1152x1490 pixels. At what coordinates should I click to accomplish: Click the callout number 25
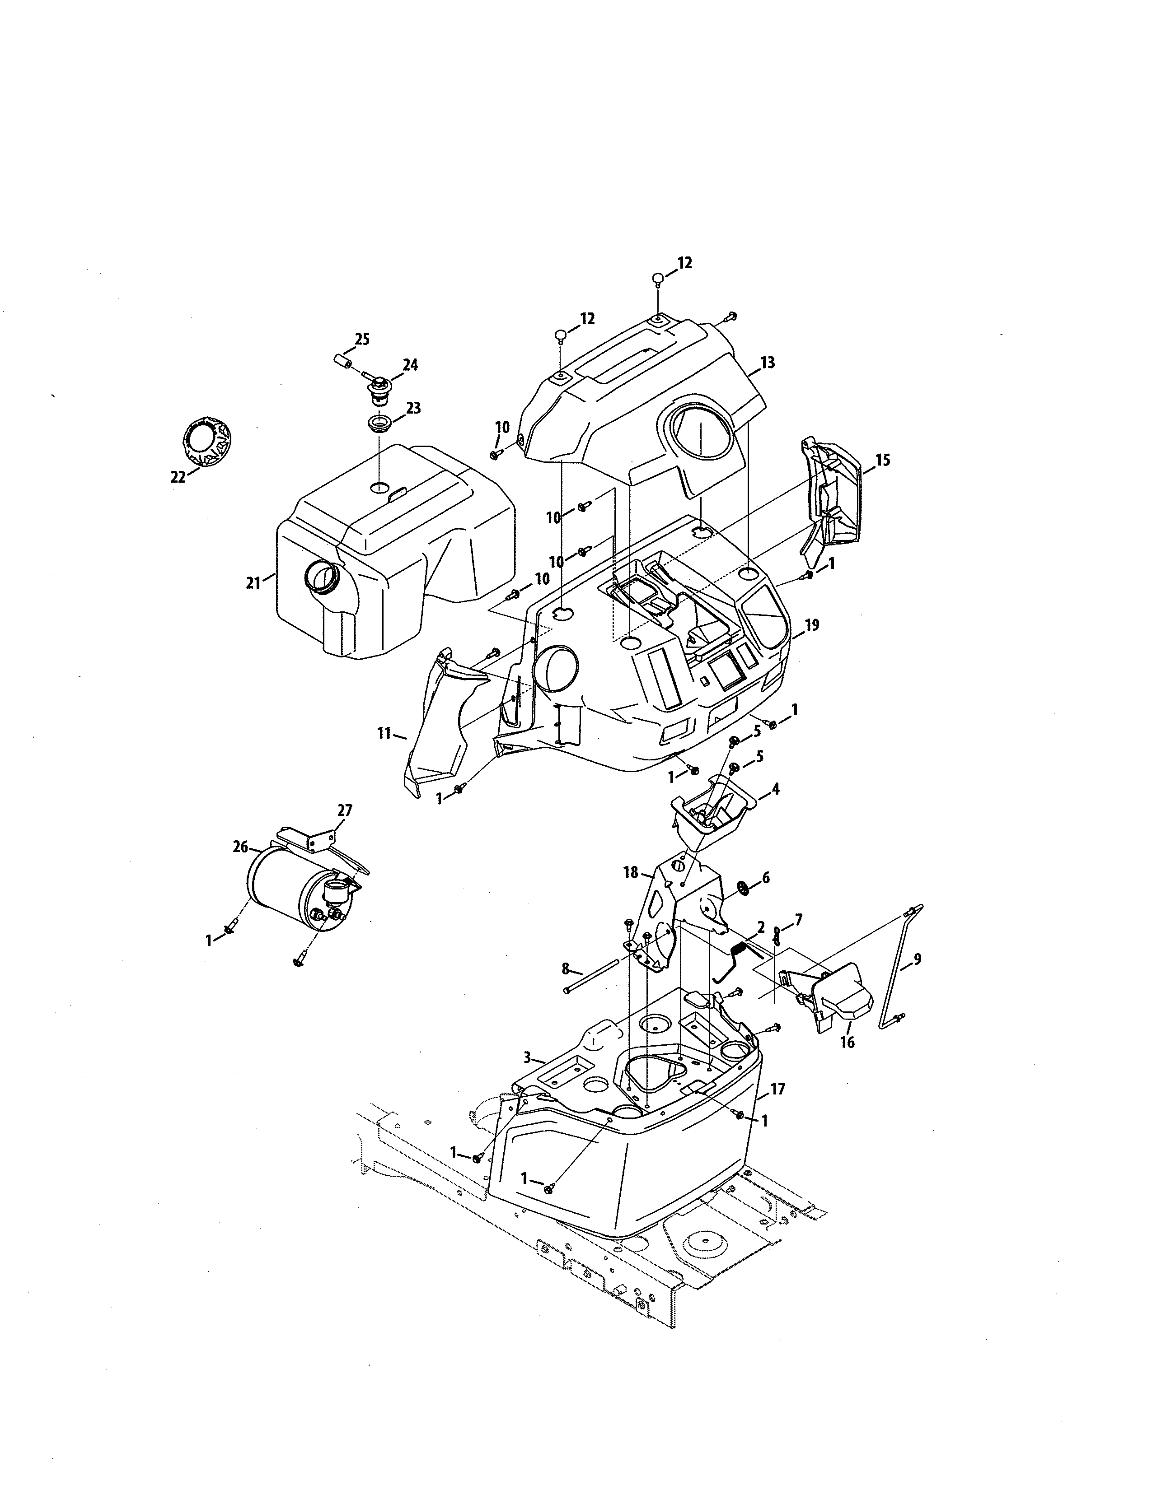(x=362, y=339)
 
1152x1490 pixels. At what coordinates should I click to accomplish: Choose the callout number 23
(x=413, y=408)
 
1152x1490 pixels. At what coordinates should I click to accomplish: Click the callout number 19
(x=812, y=625)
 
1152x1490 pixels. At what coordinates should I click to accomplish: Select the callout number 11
(x=384, y=733)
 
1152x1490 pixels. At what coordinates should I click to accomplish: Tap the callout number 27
(x=345, y=810)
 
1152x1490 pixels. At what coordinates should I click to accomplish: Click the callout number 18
(x=631, y=872)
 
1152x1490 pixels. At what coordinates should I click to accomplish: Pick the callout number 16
(x=847, y=1043)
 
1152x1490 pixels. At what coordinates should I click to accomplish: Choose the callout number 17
(x=777, y=1089)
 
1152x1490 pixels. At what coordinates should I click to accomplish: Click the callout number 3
(x=527, y=1057)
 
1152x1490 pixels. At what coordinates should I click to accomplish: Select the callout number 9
(x=917, y=959)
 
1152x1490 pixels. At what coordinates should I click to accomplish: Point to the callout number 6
(x=766, y=878)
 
